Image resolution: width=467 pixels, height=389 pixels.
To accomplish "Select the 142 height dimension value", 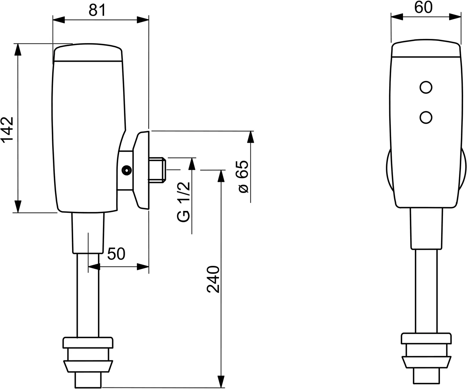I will click(x=8, y=129).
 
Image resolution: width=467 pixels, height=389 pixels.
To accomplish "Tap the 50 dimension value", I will click(x=116, y=254).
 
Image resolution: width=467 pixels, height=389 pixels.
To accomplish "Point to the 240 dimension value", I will click(x=213, y=279).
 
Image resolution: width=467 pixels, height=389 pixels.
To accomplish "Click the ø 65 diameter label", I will click(x=242, y=176).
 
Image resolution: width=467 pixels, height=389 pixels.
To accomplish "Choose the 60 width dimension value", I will click(x=424, y=8).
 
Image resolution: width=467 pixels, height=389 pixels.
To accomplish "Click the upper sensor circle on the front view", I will click(x=425, y=87).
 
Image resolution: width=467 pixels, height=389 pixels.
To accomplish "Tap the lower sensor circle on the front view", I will click(x=425, y=117).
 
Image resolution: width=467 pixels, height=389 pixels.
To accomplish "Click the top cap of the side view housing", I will click(x=88, y=53).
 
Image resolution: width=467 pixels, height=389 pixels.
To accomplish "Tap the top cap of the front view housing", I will click(x=425, y=49).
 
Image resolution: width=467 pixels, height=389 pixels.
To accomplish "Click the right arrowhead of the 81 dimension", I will click(x=143, y=20).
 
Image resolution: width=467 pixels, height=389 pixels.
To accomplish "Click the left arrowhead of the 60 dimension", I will click(x=397, y=16).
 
